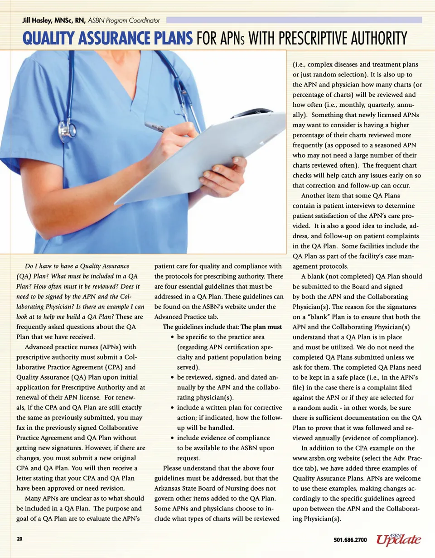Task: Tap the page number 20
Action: click(19, 540)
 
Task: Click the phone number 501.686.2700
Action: click(349, 540)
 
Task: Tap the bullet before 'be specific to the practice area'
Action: click(172, 337)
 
